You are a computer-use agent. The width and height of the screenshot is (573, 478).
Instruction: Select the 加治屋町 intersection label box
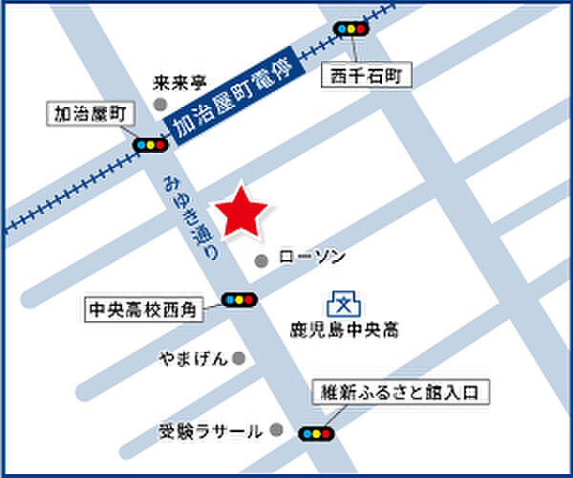pos(93,115)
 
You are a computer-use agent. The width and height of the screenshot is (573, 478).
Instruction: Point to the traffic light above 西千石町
pos(350,29)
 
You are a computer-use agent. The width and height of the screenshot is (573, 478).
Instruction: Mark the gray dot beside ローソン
pos(260,260)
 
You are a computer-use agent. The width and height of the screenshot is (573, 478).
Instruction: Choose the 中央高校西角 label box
pos(140,309)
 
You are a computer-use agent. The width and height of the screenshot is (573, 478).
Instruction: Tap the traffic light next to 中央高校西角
pos(239,300)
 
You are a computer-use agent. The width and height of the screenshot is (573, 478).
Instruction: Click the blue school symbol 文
pos(341,304)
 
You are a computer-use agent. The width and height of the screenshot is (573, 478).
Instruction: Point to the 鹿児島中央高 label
pos(344,331)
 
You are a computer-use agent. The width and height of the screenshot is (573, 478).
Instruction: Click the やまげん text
pos(194,358)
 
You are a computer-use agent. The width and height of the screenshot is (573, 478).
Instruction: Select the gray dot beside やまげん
pos(239,358)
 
